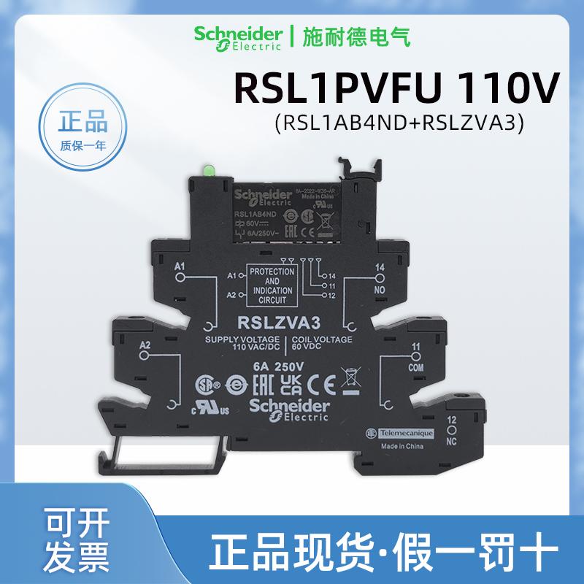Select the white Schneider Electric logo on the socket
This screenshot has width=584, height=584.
click(x=291, y=410)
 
